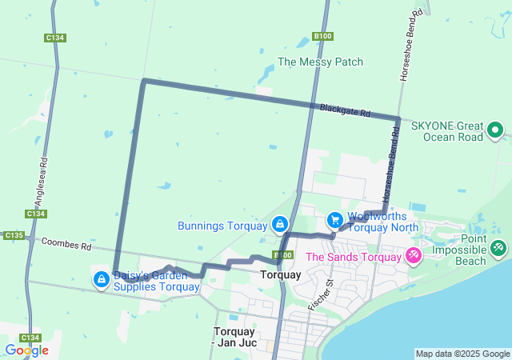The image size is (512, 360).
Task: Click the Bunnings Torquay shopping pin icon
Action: point(279,225)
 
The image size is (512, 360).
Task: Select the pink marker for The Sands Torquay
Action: point(414,257)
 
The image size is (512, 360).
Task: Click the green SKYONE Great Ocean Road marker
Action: point(495,130)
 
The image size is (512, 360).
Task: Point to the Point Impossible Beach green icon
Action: point(498,249)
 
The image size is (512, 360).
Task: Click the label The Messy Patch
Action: point(320,62)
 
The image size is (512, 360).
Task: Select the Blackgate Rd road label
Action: point(345,110)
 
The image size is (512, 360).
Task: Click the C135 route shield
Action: point(13,235)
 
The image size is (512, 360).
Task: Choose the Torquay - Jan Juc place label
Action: point(235,337)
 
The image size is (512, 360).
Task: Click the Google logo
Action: point(26,350)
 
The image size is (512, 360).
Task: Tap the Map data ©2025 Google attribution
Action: point(462,354)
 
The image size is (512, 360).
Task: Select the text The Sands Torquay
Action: point(353,257)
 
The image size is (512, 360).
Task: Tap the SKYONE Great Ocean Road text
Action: point(447,131)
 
